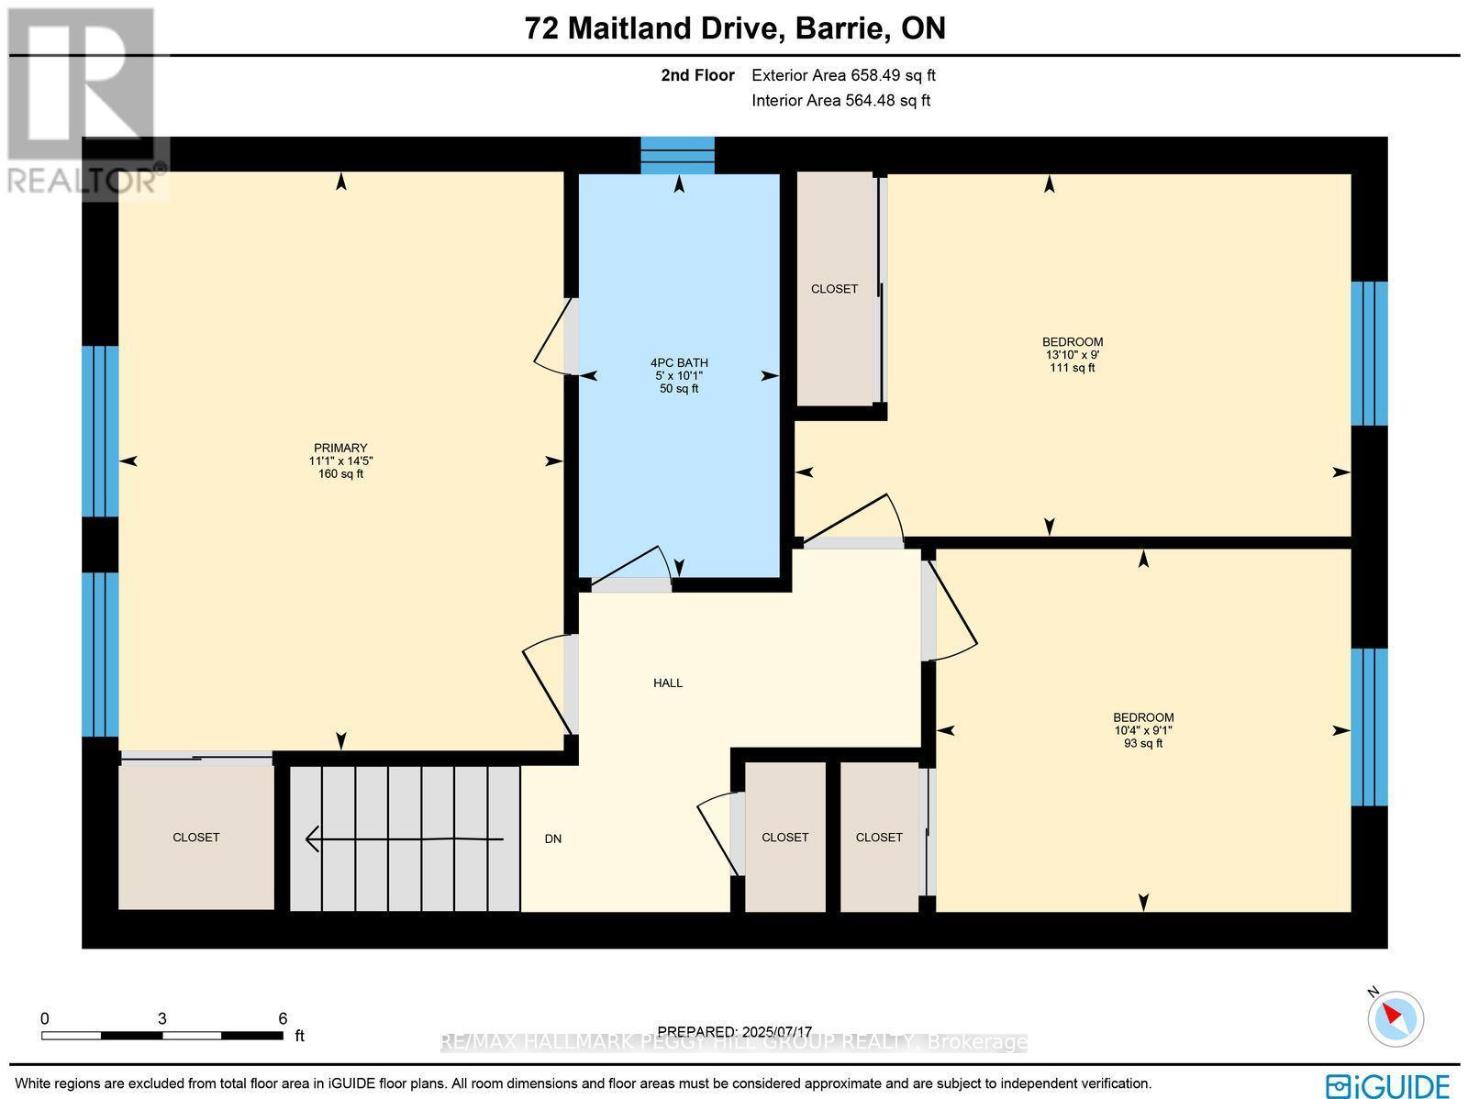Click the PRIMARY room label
pyautogui.click(x=339, y=448)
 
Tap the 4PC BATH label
pyautogui.click(x=679, y=362)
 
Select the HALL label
pyautogui.click(x=668, y=683)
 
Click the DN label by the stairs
pyautogui.click(x=552, y=838)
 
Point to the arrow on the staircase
pyautogui.click(x=404, y=838)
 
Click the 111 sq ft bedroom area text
pyautogui.click(x=1072, y=368)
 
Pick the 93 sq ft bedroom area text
pyautogui.click(x=1143, y=743)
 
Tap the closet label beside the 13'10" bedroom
pyautogui.click(x=834, y=289)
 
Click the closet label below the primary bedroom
pyautogui.click(x=196, y=838)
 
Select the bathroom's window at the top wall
pyautogui.click(x=677, y=155)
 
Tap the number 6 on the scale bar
pyautogui.click(x=283, y=1018)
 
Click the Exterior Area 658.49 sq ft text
pyautogui.click(x=843, y=76)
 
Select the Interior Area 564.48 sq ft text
pyautogui.click(x=840, y=101)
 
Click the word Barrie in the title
pyautogui.click(x=843, y=29)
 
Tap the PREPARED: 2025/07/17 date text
pyautogui.click(x=735, y=1032)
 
